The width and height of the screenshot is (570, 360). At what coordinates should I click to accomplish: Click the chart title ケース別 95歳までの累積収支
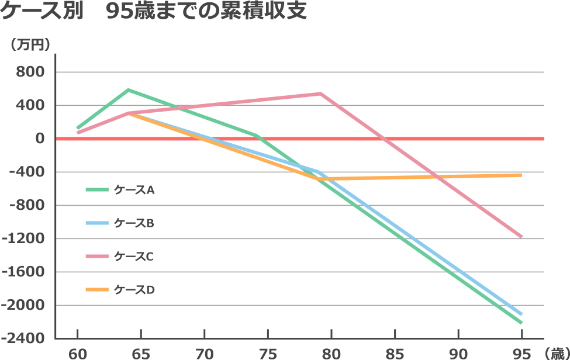(x=153, y=12)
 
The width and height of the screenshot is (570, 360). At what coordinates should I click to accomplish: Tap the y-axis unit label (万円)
(x=29, y=44)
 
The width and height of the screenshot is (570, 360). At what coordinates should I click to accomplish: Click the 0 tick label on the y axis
(x=40, y=139)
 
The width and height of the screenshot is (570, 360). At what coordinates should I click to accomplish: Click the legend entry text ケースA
(x=134, y=190)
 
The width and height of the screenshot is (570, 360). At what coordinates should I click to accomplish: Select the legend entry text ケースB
(x=134, y=223)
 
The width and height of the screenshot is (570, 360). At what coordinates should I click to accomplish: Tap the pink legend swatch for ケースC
(x=97, y=256)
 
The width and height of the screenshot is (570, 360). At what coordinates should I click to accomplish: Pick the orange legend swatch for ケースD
(x=97, y=289)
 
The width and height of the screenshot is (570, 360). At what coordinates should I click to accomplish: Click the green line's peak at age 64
(x=128, y=89)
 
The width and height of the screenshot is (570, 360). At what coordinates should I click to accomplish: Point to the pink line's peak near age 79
(x=320, y=94)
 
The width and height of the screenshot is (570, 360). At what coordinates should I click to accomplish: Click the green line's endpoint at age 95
(x=521, y=323)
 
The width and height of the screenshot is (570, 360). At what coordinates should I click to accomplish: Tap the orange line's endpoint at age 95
(x=521, y=175)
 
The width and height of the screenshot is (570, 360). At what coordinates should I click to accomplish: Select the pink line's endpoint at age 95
(x=521, y=237)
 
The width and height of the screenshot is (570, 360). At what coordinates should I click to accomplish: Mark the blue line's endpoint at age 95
(x=521, y=314)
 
